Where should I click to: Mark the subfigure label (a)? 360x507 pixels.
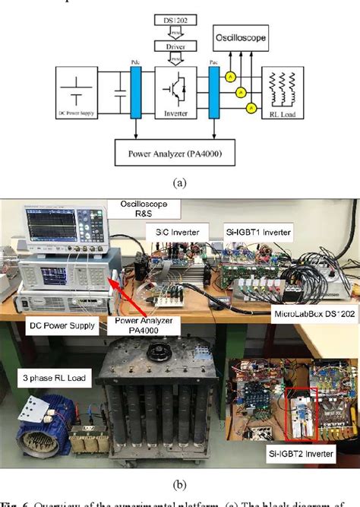[x=180, y=182]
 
